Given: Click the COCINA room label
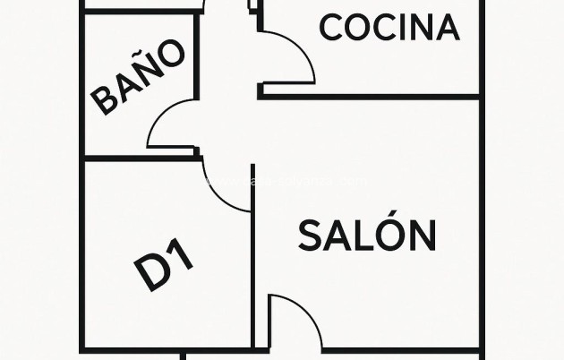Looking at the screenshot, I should pyautogui.click(x=389, y=28).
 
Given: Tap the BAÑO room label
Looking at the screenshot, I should pyautogui.click(x=141, y=78).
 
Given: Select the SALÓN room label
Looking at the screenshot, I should pyautogui.click(x=367, y=236).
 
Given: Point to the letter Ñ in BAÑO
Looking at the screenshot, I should pyautogui.click(x=150, y=69).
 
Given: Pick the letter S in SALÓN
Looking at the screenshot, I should pyautogui.click(x=309, y=236).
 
